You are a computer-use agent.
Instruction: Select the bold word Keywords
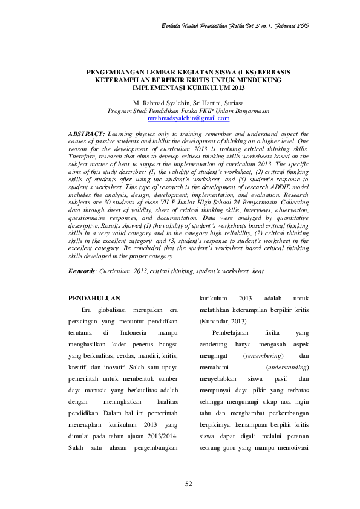[x=84, y=271]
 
